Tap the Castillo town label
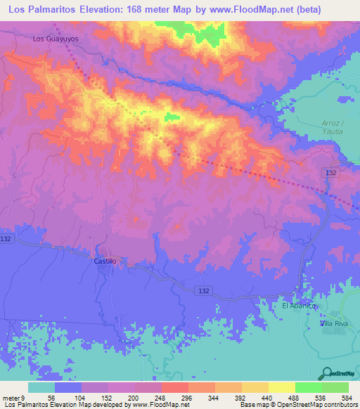pos(105,261)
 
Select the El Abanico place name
pos(300,306)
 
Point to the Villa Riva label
pos(335,323)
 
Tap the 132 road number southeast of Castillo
pos(204,290)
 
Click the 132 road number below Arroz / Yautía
pos(333,172)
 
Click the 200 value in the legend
pos(135,397)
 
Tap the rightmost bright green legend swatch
pos(335,387)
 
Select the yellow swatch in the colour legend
pos(281,387)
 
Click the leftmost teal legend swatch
pos(41,387)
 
